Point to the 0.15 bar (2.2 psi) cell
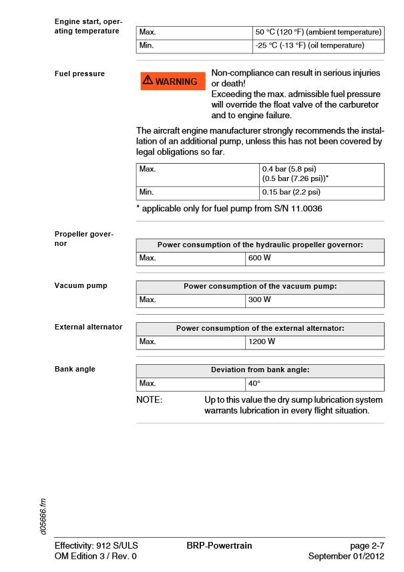[322, 192]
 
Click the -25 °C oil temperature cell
[318, 46]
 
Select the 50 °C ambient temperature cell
[318, 32]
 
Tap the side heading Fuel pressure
[79, 74]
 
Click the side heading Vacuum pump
[81, 286]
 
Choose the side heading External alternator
[88, 327]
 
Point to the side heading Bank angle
[75, 370]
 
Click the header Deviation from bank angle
[260, 370]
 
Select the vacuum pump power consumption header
[260, 286]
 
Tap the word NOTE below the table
[149, 400]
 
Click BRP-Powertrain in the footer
[219, 546]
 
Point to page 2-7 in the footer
[367, 546]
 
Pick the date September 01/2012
[347, 556]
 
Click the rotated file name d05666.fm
[43, 515]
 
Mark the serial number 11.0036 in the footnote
[304, 209]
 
